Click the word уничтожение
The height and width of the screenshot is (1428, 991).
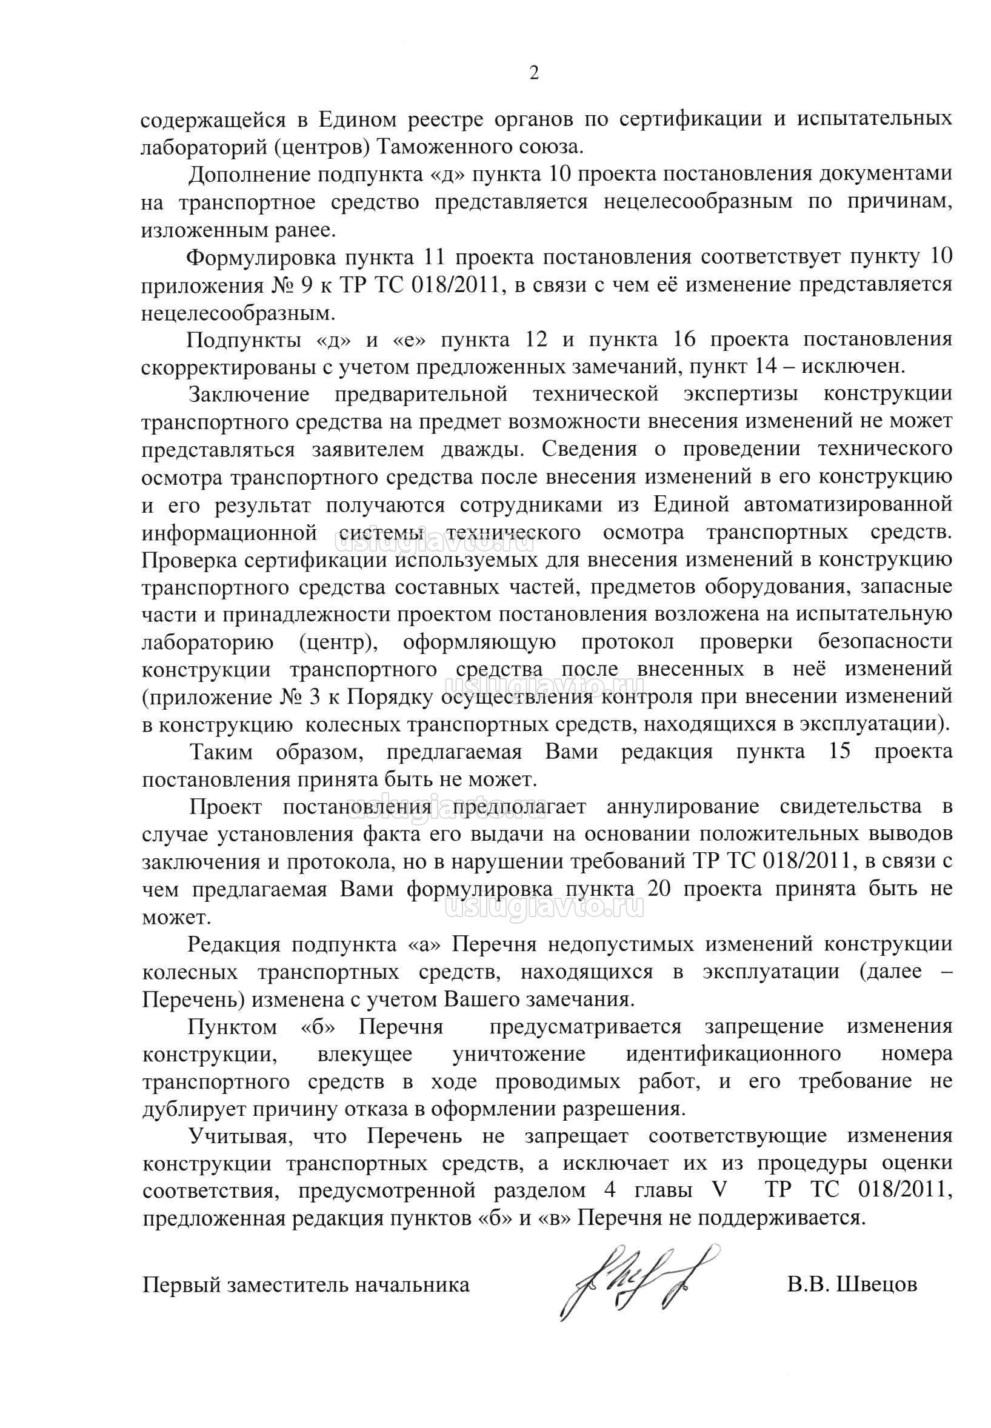pos(519,1054)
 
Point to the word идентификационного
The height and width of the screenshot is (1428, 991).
pos(733,1054)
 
